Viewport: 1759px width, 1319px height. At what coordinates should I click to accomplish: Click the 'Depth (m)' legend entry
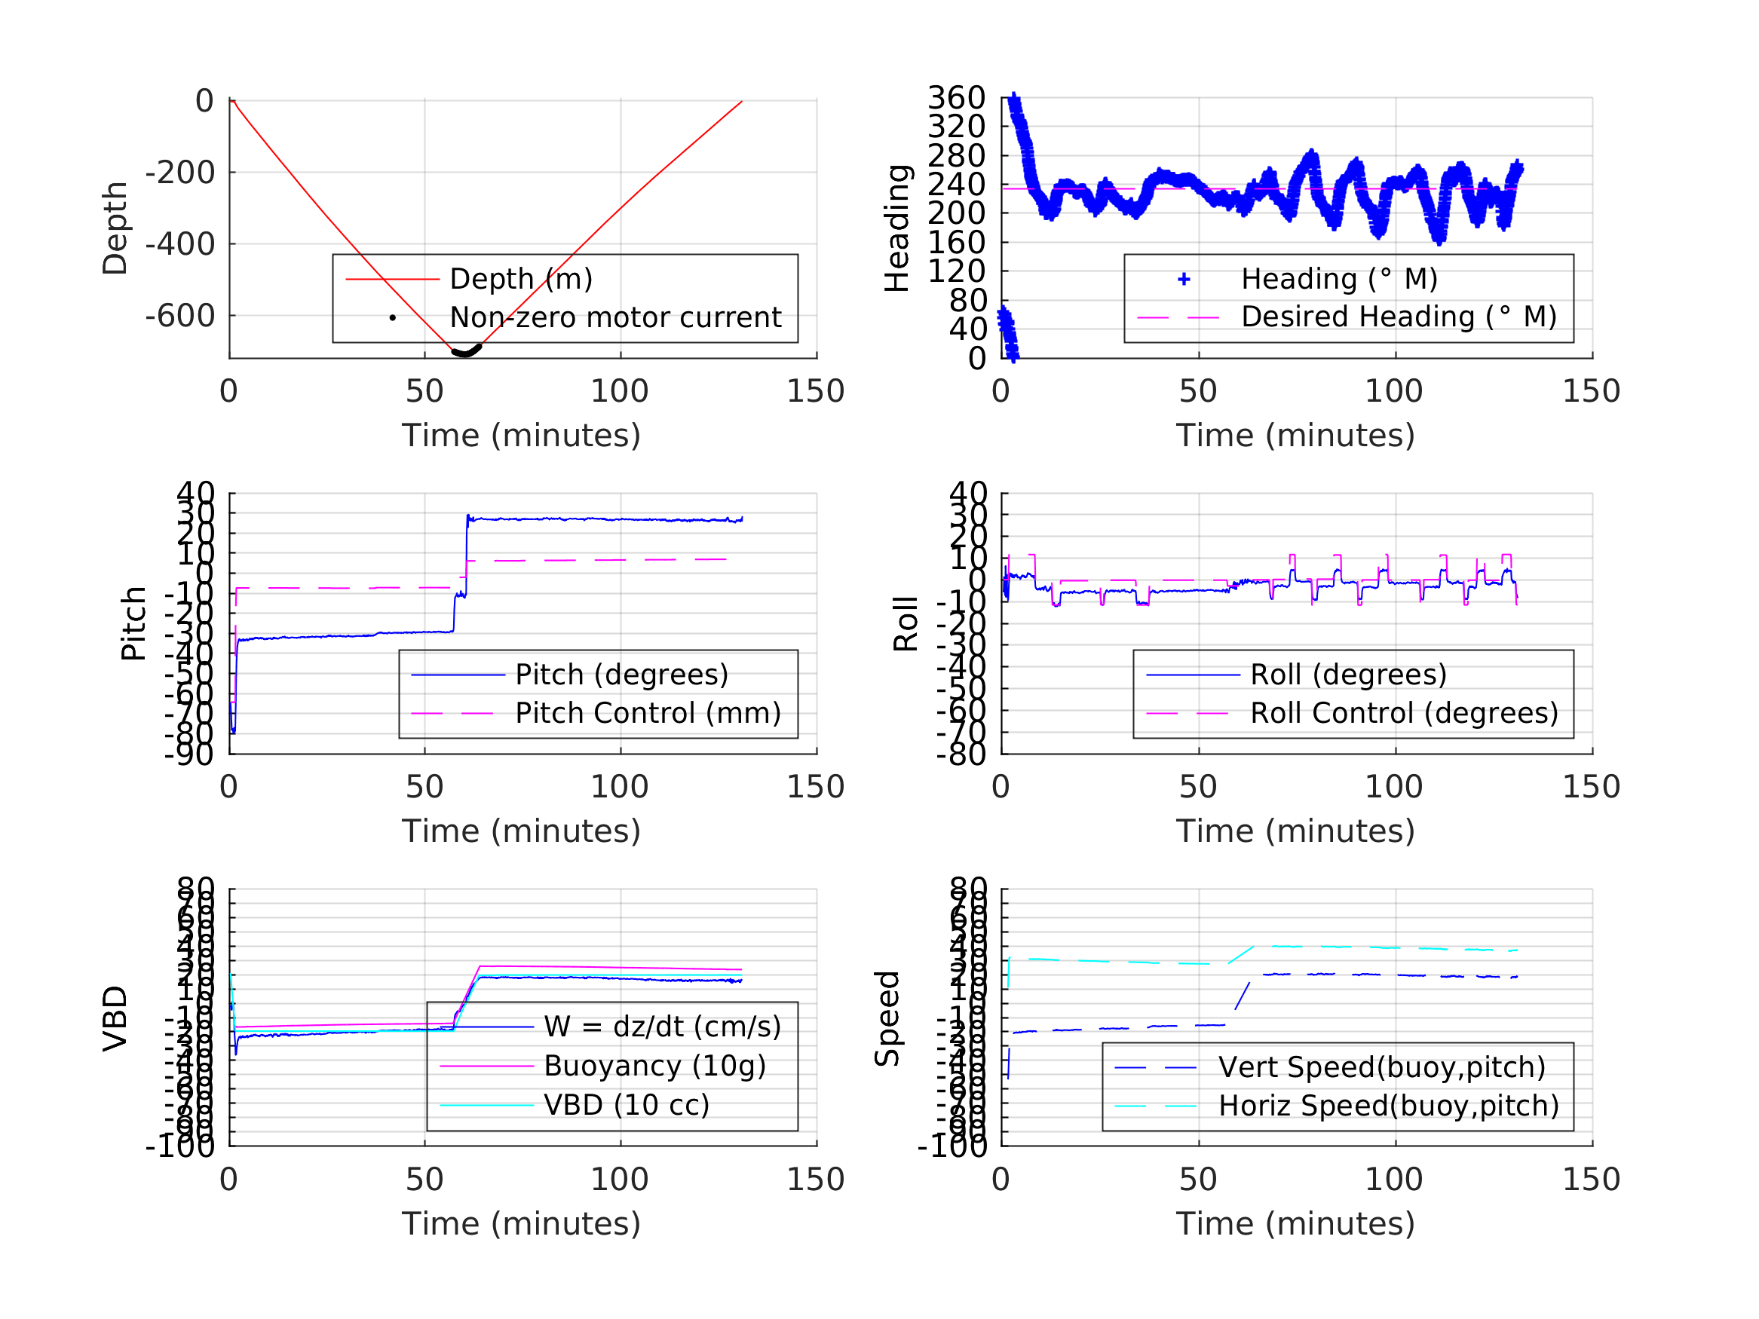pos(521,279)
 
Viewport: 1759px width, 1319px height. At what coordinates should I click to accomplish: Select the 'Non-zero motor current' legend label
pos(614,317)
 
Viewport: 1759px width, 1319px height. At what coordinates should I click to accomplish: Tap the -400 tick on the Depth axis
pos(179,244)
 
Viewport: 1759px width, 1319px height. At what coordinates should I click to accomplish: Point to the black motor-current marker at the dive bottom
pos(465,350)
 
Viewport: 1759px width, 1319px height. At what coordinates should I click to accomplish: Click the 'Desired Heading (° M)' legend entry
pos(1398,317)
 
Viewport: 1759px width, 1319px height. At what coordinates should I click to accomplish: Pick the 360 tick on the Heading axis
pos(956,98)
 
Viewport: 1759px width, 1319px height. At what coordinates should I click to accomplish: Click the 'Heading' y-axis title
pos(897,228)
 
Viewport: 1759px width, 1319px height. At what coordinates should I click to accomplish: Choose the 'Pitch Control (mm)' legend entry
pos(648,713)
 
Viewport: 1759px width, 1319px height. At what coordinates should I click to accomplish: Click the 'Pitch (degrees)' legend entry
pos(621,675)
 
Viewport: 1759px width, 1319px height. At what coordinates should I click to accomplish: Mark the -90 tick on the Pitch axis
pos(188,754)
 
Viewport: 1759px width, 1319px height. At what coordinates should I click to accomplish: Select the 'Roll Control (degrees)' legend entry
pos(1404,713)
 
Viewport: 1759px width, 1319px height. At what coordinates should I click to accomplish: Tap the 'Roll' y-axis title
pos(906,623)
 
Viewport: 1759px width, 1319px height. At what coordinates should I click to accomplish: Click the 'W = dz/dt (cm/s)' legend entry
pos(662,1027)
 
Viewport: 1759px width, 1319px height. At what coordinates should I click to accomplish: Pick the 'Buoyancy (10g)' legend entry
pos(654,1066)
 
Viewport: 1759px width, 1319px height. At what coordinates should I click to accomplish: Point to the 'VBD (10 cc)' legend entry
pos(626,1104)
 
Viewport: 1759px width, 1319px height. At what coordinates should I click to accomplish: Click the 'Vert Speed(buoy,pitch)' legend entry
pos(1381,1067)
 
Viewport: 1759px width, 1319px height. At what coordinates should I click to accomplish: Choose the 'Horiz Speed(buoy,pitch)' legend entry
pos(1387,1105)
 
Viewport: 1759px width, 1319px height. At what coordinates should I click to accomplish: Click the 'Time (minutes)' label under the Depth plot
pos(521,436)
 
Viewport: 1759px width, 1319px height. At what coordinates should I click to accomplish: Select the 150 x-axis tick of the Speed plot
pos(1590,1179)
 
